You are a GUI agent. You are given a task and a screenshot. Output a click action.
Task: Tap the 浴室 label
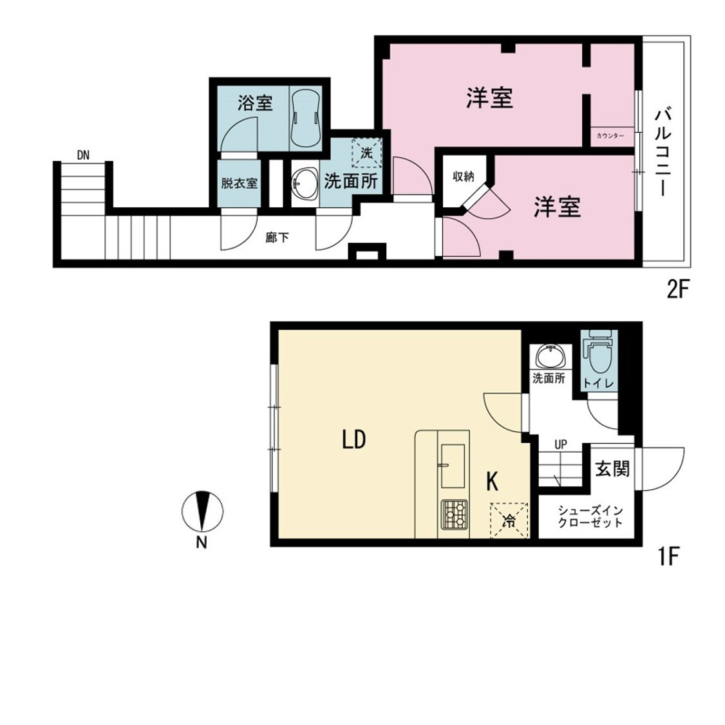point(255,102)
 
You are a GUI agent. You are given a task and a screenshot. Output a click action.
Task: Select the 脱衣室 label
point(239,184)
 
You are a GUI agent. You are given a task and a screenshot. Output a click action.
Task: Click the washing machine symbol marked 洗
point(366,153)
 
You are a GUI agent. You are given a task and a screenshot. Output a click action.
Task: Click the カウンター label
point(610,136)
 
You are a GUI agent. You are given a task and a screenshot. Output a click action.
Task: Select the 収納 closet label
point(464,176)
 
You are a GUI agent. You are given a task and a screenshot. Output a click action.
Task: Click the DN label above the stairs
point(83,155)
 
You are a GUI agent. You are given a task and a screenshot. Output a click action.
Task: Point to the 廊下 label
point(278,238)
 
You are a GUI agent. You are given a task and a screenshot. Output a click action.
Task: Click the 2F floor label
point(678,290)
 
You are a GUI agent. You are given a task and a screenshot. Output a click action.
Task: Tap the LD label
point(354,439)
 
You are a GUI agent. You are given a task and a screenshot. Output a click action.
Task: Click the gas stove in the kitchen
point(455,514)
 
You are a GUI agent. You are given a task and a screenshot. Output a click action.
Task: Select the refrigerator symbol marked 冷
point(509,521)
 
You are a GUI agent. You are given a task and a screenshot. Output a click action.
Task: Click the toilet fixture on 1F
point(599,353)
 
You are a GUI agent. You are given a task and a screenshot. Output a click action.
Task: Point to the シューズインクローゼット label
point(590,517)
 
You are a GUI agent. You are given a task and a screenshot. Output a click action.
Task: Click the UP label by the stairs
point(560,446)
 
